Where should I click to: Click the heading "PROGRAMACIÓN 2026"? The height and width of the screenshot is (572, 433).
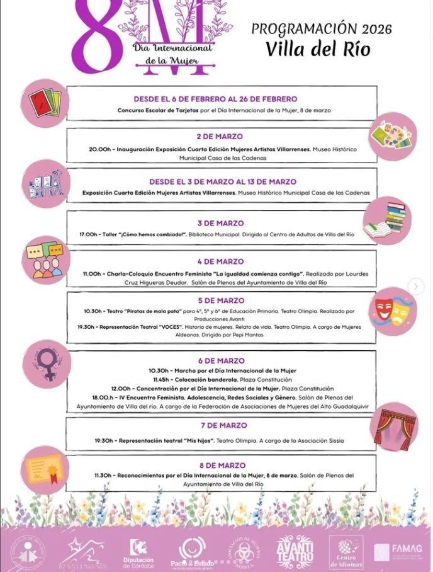pyautogui.click(x=321, y=29)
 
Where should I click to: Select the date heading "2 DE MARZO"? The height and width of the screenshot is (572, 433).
pyautogui.click(x=220, y=137)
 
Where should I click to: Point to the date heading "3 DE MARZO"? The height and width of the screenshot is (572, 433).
pyautogui.click(x=220, y=223)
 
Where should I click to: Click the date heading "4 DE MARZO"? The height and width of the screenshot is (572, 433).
pyautogui.click(x=220, y=261)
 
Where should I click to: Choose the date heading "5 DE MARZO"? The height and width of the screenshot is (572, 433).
pyautogui.click(x=220, y=300)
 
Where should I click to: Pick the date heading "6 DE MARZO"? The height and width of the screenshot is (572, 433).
pyautogui.click(x=221, y=361)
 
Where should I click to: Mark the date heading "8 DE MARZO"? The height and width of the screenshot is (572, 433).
pyautogui.click(x=220, y=465)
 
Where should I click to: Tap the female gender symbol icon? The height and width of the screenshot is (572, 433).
pyautogui.click(x=47, y=364)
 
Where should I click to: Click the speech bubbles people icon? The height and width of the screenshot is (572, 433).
pyautogui.click(x=45, y=260)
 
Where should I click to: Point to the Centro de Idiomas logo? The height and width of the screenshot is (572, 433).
pyautogui.click(x=346, y=552)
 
